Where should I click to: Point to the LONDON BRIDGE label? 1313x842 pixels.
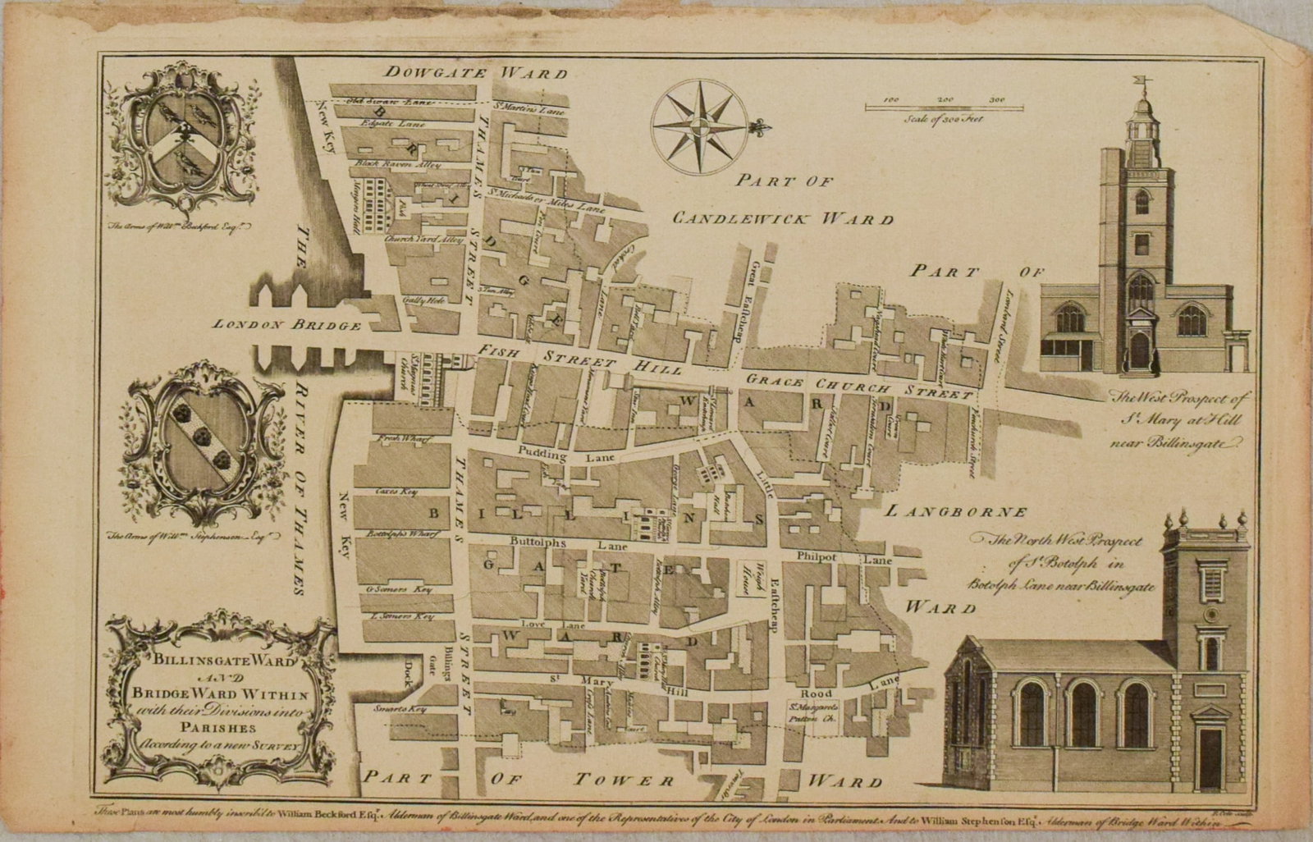coord(287,325)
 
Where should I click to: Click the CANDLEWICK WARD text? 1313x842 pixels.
coord(781,218)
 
